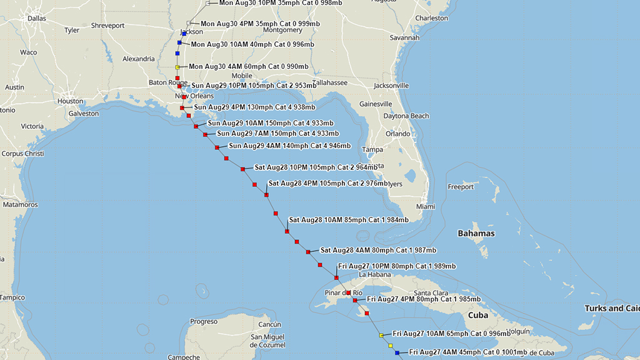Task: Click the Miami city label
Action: (425, 206)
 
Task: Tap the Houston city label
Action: (70, 101)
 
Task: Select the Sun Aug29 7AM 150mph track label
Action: (278, 133)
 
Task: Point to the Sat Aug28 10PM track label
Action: (316, 167)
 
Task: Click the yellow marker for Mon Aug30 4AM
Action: (177, 67)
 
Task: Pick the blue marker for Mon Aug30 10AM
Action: (179, 43)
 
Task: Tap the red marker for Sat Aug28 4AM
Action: (308, 252)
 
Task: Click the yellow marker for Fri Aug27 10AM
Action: (381, 336)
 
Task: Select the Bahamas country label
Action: (476, 233)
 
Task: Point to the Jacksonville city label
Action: (391, 85)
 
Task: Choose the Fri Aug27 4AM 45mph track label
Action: (467, 352)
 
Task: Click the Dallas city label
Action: (37, 18)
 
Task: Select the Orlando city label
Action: (397, 134)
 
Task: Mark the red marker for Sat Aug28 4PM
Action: (266, 195)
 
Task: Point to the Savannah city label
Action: (404, 37)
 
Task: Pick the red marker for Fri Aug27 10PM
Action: (336, 277)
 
